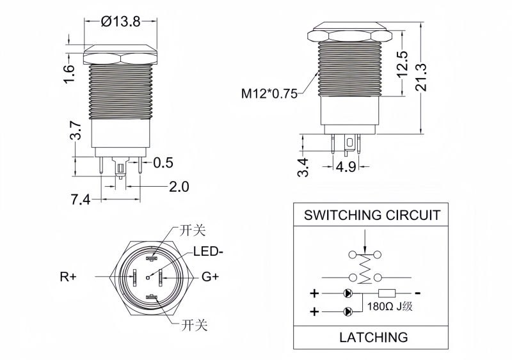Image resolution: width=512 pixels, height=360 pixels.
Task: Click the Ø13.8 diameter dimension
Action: (x=120, y=21)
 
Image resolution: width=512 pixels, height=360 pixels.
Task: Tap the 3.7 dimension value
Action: (x=76, y=131)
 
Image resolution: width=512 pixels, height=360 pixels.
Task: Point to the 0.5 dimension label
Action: (x=163, y=162)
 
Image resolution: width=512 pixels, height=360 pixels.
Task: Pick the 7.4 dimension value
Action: (x=80, y=200)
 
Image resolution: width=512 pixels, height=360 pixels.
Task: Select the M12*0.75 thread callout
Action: (x=269, y=94)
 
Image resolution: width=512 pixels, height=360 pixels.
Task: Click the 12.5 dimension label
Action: (x=402, y=64)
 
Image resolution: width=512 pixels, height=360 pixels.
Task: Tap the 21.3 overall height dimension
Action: (x=438, y=78)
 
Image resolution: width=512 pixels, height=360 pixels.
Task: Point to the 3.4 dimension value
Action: (x=304, y=168)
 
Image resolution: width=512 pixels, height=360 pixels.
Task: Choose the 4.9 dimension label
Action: (x=346, y=168)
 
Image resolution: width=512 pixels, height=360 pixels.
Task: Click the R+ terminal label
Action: (x=68, y=277)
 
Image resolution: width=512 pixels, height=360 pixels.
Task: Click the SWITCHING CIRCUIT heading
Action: (x=372, y=214)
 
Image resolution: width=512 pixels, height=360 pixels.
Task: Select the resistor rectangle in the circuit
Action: (x=388, y=294)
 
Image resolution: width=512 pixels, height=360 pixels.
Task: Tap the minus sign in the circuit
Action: (x=419, y=293)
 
